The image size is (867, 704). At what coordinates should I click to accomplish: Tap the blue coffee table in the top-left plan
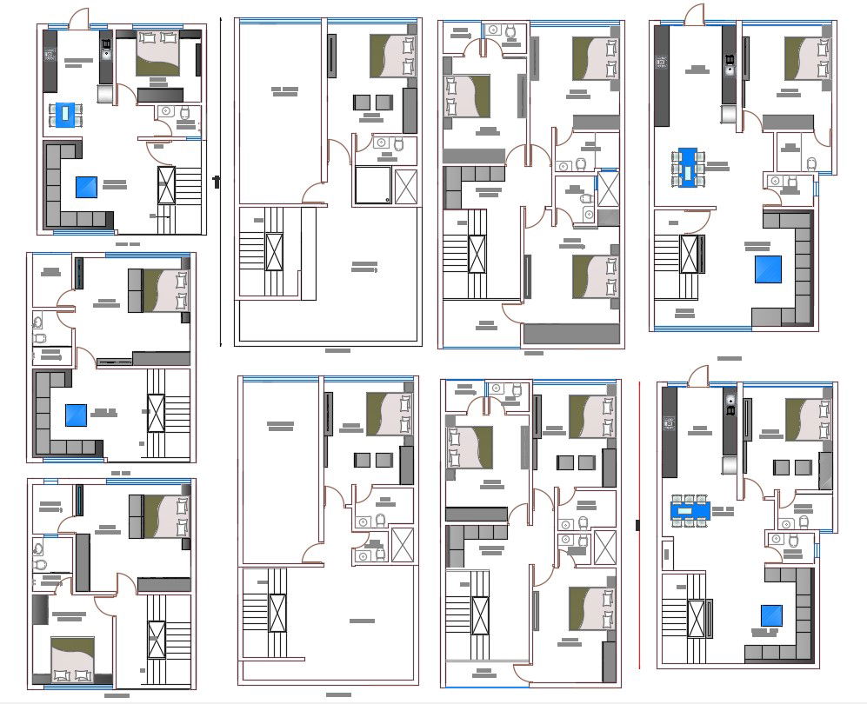click(86, 187)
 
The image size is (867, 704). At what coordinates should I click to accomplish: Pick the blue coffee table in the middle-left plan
click(74, 415)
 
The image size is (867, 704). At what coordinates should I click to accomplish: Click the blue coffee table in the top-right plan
click(767, 269)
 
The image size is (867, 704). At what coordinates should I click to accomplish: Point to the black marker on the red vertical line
click(639, 525)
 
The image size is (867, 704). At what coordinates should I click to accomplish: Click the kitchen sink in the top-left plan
click(106, 50)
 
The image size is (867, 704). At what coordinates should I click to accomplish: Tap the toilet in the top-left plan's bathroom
click(184, 112)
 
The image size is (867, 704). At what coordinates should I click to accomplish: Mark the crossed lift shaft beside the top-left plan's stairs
click(165, 186)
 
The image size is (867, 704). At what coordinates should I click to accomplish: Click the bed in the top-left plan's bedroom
click(158, 52)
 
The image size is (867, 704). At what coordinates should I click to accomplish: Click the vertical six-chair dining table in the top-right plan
click(690, 168)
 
